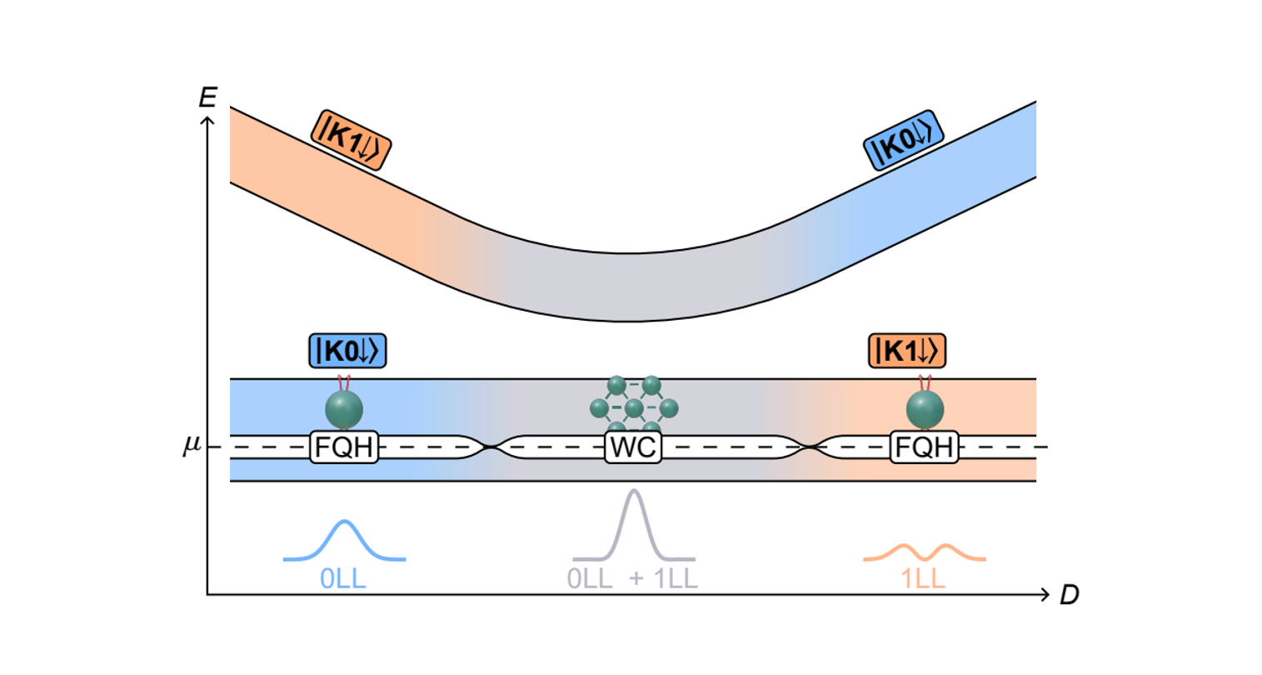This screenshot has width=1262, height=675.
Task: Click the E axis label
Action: (207, 97)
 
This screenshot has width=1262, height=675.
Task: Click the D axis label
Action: (1069, 595)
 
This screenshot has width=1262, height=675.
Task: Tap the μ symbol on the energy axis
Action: (192, 446)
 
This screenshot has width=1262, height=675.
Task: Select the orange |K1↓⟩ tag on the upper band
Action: (351, 140)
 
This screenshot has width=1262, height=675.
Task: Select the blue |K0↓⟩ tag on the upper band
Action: (902, 140)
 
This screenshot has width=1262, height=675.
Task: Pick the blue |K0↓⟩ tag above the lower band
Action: (348, 351)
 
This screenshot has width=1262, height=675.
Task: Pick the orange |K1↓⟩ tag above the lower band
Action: (907, 351)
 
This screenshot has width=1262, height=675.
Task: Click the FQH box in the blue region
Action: (344, 447)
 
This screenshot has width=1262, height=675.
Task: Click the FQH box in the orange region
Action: (923, 447)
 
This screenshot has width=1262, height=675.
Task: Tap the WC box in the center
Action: (633, 447)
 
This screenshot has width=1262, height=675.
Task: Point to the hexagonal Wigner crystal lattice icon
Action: (634, 407)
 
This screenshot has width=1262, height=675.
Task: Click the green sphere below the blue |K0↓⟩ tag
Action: (344, 410)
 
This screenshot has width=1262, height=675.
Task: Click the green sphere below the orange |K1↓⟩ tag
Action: (925, 410)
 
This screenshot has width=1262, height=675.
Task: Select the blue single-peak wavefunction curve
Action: (345, 540)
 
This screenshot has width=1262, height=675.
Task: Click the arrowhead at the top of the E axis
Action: (207, 118)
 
